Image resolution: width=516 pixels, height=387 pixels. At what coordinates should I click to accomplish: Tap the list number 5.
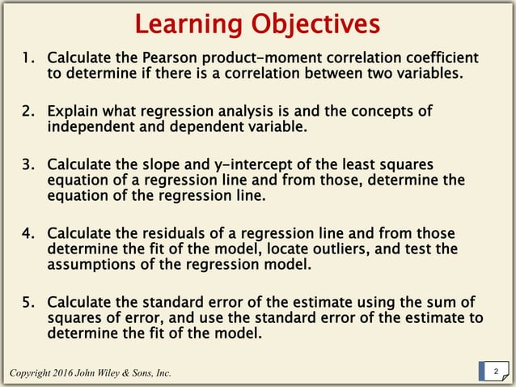click(28, 301)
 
